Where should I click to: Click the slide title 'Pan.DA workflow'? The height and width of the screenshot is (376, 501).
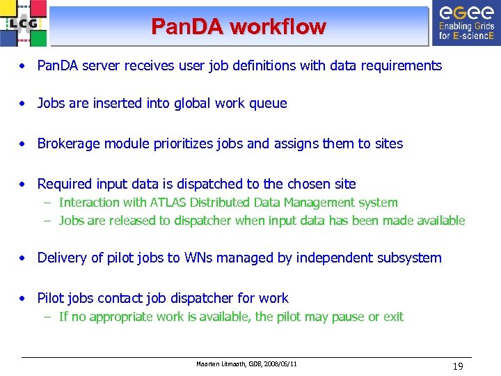[239, 27]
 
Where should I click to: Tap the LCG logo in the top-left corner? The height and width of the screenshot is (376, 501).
[24, 24]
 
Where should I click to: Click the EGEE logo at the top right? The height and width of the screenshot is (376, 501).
[465, 22]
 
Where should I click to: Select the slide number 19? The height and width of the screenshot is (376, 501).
[458, 366]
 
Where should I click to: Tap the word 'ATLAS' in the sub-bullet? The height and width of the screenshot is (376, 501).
[169, 203]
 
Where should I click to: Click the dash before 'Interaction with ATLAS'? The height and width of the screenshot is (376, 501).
[47, 203]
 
